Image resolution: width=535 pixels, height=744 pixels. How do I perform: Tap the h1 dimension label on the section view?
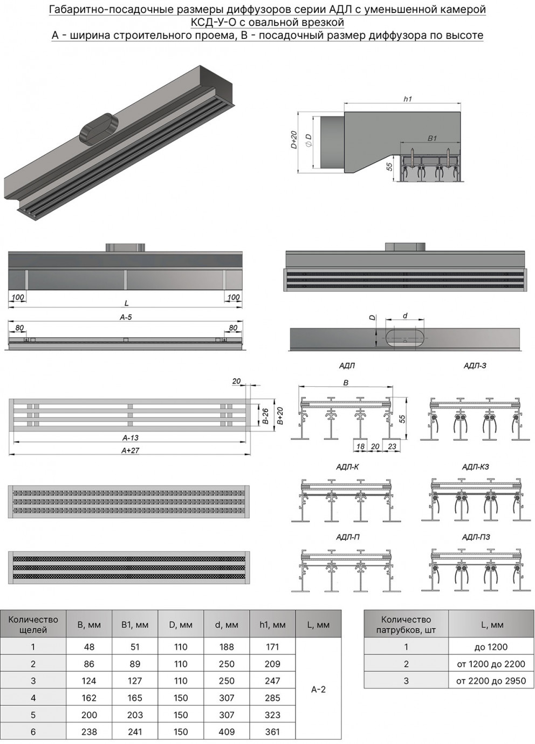tap(407, 99)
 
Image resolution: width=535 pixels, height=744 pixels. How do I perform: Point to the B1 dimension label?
tap(432, 139)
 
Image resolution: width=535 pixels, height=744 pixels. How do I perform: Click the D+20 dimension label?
tap(294, 140)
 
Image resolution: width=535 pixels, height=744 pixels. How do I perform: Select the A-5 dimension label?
tap(126, 318)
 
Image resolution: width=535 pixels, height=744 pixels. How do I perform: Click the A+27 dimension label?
tap(131, 451)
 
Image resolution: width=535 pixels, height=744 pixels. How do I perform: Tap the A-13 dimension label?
tap(131, 438)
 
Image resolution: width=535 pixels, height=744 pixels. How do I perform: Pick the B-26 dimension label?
tap(265, 416)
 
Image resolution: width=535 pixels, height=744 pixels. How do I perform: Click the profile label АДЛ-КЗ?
tap(475, 467)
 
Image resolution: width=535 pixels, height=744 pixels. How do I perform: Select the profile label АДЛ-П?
tap(348, 537)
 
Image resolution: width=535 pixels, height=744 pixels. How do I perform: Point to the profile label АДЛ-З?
tap(475, 366)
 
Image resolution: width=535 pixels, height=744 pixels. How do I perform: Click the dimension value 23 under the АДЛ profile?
tap(392, 446)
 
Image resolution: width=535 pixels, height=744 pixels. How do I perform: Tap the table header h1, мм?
tap(272, 625)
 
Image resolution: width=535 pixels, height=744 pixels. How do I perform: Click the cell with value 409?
tap(227, 732)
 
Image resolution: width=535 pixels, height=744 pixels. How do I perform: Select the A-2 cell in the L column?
tap(318, 690)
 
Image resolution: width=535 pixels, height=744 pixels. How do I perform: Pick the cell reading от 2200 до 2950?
tap(491, 681)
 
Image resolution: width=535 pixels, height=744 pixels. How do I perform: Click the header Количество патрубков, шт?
tap(406, 625)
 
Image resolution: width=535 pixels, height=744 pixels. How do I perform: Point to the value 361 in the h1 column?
tap(272, 732)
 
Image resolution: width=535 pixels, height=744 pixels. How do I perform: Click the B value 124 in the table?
tap(89, 681)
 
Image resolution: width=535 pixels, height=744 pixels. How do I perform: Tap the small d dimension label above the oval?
tap(405, 316)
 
